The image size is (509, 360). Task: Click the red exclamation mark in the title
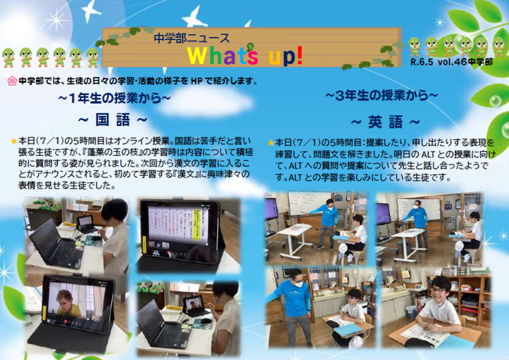coord(299,55)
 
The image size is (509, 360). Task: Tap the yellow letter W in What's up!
coord(198,55)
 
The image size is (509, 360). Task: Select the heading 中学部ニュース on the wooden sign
coord(192,38)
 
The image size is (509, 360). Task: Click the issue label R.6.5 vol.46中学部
coord(452,62)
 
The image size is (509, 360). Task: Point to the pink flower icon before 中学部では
coord(11,81)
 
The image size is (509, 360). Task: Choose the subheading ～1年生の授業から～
coord(115,98)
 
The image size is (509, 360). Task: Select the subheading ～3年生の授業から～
coord(381,95)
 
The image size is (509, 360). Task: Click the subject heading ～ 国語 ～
coord(113,120)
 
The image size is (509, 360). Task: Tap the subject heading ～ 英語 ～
coord(386,122)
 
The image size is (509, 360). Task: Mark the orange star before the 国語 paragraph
coord(13,141)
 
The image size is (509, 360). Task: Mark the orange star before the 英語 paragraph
coord(271,143)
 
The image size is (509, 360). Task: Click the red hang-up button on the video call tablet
coord(66,322)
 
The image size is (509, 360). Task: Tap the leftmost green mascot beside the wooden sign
coord(8,57)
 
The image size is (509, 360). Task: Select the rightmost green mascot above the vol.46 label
coord(499,46)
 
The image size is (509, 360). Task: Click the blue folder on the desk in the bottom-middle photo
coord(347,329)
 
